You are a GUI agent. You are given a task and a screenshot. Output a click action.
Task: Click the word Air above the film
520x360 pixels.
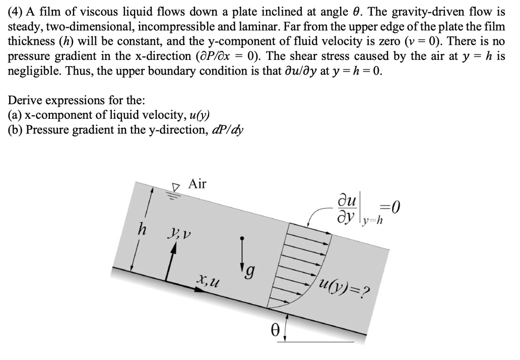(198, 184)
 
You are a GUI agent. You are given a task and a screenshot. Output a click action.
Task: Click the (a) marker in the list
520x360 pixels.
(16, 115)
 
